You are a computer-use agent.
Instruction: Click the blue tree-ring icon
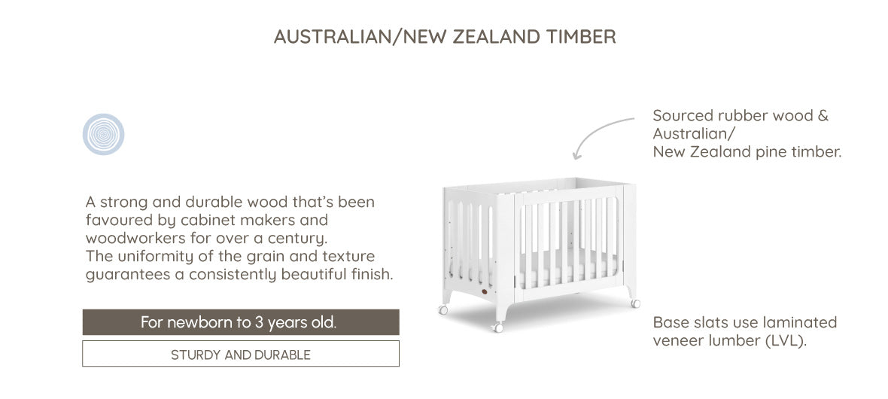click(x=104, y=134)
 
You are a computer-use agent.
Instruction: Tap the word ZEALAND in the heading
click(x=497, y=37)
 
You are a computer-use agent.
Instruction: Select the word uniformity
click(x=153, y=257)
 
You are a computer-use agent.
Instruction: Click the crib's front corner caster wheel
click(x=497, y=327)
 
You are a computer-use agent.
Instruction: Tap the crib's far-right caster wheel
click(x=635, y=303)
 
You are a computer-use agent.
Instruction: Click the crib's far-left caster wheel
click(x=442, y=309)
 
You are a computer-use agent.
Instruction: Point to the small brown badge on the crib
click(x=485, y=292)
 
